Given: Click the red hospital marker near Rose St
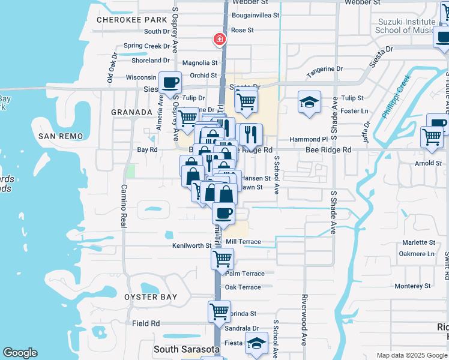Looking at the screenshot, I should click(220, 40).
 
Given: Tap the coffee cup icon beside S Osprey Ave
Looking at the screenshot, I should click(170, 82).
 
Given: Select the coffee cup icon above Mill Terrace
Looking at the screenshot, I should click(223, 214).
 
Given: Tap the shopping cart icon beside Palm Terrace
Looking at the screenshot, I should click(222, 259).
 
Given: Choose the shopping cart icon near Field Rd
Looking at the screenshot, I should click(219, 311).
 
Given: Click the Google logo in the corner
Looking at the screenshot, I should click(20, 353).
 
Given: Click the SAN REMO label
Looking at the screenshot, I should click(60, 136).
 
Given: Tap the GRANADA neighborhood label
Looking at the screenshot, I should click(131, 112).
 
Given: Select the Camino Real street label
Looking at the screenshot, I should click(124, 205).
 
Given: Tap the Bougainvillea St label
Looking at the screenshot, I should click(256, 15).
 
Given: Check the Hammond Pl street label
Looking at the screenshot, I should click(308, 139).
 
